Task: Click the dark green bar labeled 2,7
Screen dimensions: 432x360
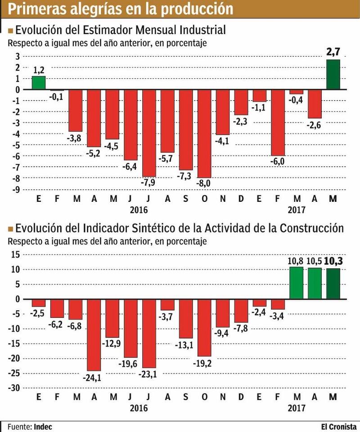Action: pos(333,74)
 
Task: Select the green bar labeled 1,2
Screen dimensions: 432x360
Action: pos(39,83)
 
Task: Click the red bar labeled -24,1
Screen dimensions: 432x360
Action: pos(94,334)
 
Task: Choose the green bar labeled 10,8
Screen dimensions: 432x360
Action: pos(296,283)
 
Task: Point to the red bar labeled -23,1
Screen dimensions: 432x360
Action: pos(149,333)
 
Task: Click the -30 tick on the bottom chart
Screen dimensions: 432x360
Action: pos(16,387)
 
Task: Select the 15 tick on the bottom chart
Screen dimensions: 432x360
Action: pos(17,254)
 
